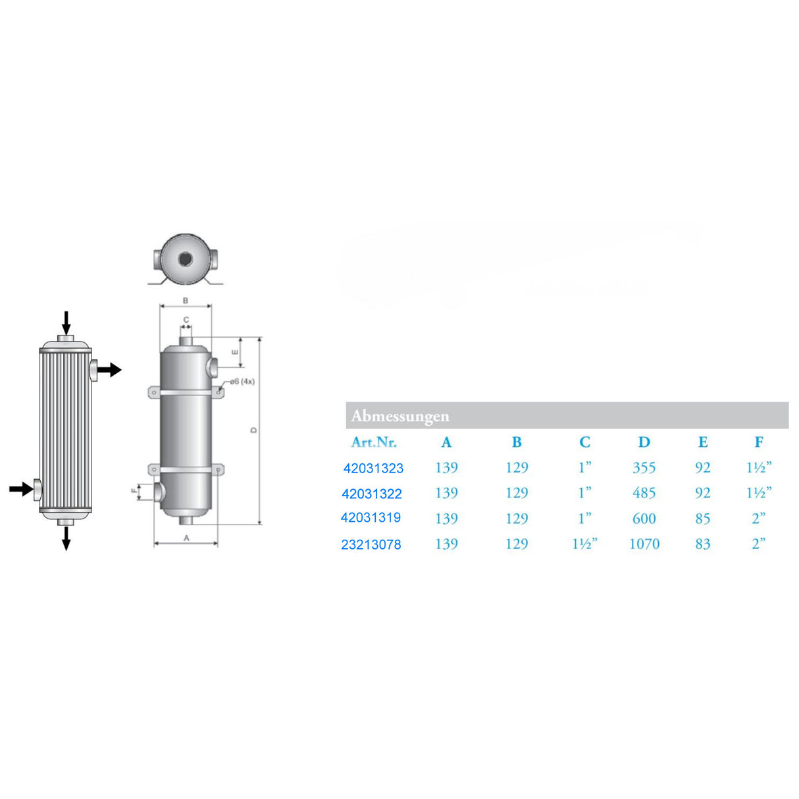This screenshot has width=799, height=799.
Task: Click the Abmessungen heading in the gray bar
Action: click(x=400, y=416)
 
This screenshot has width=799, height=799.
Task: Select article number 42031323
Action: click(x=373, y=469)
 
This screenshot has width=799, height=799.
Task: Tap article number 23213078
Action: click(x=371, y=544)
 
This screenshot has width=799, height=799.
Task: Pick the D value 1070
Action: click(x=644, y=544)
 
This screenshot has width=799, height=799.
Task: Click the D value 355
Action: click(x=644, y=468)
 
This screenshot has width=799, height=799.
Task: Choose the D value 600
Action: click(x=644, y=519)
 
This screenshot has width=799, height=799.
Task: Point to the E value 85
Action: click(x=702, y=519)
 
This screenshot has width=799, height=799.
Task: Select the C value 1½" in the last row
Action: click(x=584, y=544)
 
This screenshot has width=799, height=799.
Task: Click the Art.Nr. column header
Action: click(x=374, y=442)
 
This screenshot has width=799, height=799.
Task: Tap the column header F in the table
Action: click(x=759, y=442)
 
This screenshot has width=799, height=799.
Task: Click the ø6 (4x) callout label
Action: click(x=242, y=382)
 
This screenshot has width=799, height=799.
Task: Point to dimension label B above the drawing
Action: click(x=186, y=301)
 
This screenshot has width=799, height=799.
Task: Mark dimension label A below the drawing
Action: click(x=186, y=538)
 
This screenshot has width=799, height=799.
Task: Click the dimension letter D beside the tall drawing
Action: click(x=254, y=430)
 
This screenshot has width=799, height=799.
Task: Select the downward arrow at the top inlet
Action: click(x=66, y=322)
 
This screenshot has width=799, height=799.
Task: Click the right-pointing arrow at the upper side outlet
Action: click(x=110, y=370)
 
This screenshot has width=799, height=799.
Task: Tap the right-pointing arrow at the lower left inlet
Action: click(x=21, y=488)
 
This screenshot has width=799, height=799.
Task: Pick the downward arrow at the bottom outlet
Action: click(x=66, y=538)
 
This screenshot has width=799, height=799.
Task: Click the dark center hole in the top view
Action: click(x=186, y=259)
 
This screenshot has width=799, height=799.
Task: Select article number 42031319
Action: click(x=371, y=518)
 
